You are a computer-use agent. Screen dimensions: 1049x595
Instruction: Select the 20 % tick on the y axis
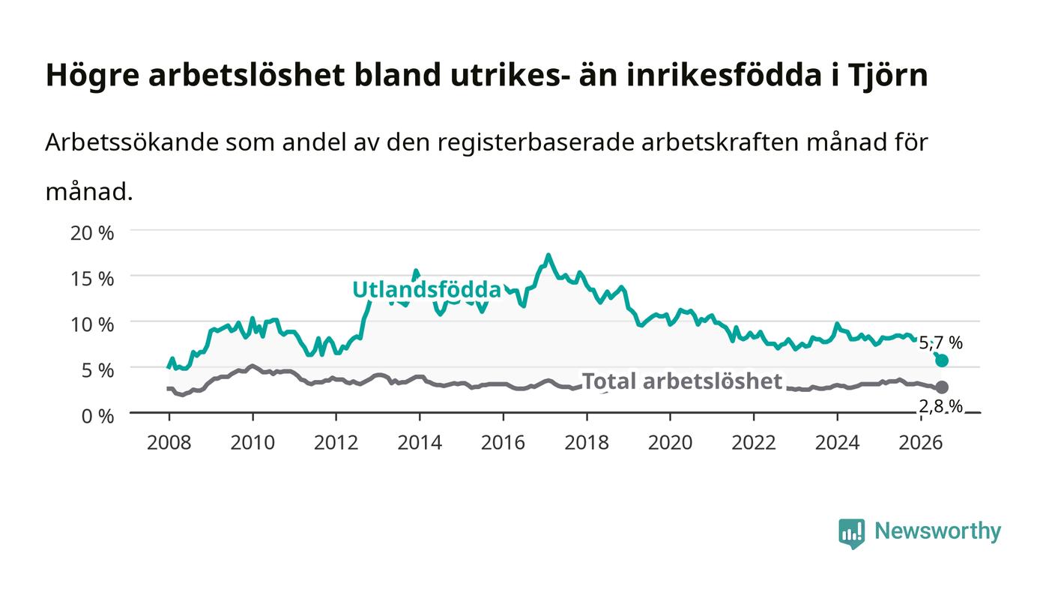point(92,233)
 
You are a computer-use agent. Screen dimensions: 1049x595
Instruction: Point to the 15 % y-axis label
point(92,279)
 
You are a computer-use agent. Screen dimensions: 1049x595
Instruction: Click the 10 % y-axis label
point(92,324)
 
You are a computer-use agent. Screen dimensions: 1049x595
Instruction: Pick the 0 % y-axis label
point(98,416)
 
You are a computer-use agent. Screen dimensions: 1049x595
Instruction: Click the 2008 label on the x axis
point(169,443)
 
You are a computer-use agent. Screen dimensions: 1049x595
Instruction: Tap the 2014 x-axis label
point(420,443)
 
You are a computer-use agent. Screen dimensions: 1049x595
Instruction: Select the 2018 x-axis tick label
point(587,443)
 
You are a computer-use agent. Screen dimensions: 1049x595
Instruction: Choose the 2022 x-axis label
point(754,443)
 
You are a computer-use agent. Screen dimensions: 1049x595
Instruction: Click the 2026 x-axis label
point(921,443)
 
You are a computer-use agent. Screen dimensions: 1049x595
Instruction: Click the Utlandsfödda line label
point(426,289)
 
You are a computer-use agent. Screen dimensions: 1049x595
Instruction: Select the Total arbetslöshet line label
point(682,381)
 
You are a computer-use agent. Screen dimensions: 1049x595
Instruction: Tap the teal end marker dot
point(942,360)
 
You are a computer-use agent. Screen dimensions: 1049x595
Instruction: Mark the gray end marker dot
point(942,387)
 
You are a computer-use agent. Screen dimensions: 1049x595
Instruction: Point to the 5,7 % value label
point(941,343)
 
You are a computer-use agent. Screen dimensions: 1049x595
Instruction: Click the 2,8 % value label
point(941,407)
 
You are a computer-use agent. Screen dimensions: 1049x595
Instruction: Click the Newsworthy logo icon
point(852,534)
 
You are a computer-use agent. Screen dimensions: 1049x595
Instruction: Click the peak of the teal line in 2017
point(548,256)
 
